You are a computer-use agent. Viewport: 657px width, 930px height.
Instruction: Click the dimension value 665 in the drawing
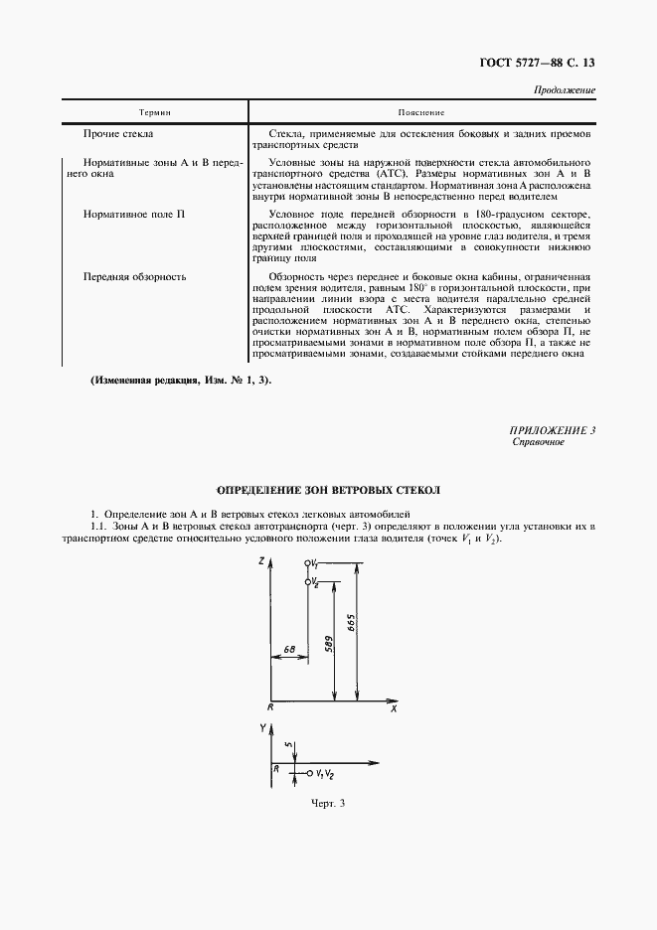coord(352,625)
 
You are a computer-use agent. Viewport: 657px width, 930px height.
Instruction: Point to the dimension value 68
coord(288,649)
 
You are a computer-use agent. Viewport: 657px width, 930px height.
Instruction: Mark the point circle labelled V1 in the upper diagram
coord(308,562)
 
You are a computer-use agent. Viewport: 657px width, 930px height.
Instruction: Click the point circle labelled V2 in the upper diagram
coord(307,580)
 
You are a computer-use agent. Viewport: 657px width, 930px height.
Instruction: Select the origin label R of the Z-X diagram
coord(269,706)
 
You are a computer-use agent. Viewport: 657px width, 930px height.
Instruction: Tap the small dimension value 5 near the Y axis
coord(285,744)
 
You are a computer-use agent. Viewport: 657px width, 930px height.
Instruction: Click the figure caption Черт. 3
coord(327,804)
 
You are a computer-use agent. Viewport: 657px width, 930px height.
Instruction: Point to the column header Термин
coord(154,112)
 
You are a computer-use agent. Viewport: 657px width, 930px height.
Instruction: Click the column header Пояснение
coord(420,112)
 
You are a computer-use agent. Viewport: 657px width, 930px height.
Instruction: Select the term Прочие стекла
coord(118,132)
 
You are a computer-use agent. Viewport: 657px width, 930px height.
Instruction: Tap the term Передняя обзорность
coord(134,276)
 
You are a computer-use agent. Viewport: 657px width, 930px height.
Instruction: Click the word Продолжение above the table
coord(565,90)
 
